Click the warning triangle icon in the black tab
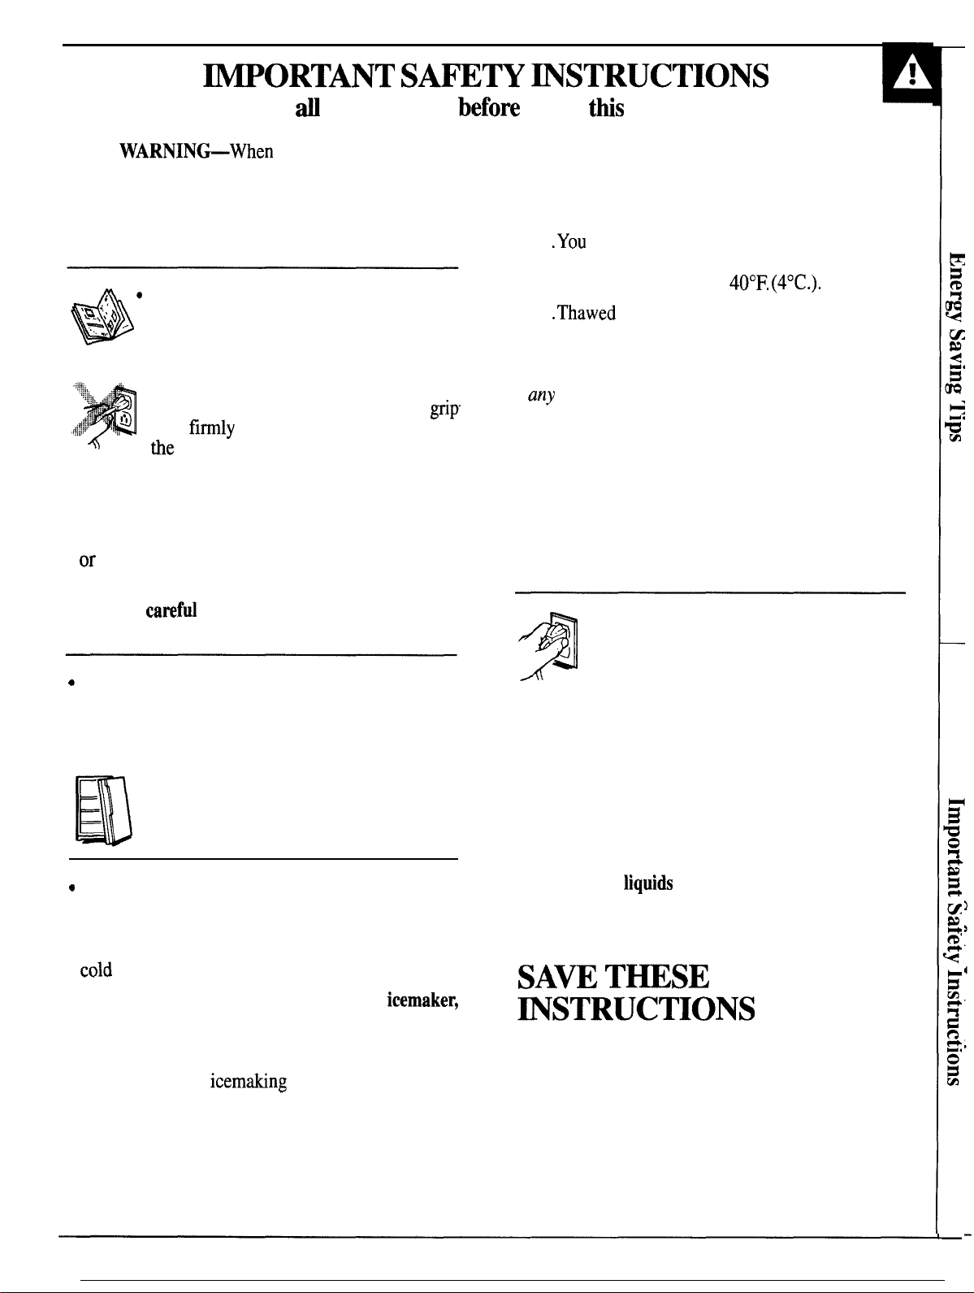(911, 72)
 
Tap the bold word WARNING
(165, 151)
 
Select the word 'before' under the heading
(488, 108)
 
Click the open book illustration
(102, 316)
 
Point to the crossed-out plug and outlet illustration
(104, 416)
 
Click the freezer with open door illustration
(103, 810)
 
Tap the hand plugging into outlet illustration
(548, 646)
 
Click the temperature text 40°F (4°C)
(774, 284)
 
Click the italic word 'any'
(542, 395)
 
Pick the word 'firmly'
(211, 428)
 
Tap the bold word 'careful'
(171, 610)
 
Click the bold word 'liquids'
(648, 883)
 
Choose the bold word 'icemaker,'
(422, 1000)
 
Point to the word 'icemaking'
(249, 1081)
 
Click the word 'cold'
(96, 970)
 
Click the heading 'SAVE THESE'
(613, 977)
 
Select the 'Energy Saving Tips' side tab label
(955, 347)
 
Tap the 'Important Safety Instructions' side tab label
(955, 941)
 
